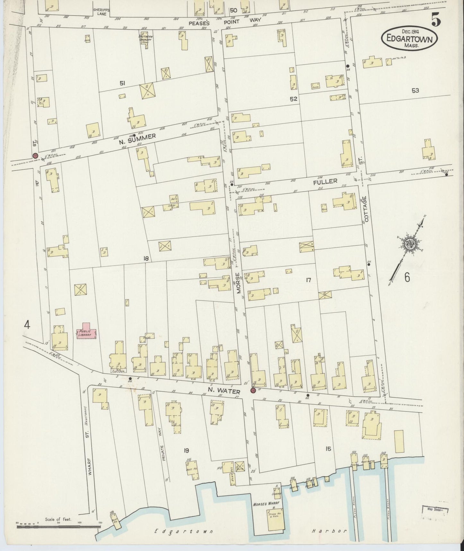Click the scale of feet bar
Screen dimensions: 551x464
coord(58,527)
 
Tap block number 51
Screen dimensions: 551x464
coord(122,84)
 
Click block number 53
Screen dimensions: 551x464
coord(415,91)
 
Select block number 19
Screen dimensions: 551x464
coord(186,451)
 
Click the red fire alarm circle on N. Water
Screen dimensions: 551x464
coord(253,391)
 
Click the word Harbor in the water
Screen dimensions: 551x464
coord(329,531)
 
